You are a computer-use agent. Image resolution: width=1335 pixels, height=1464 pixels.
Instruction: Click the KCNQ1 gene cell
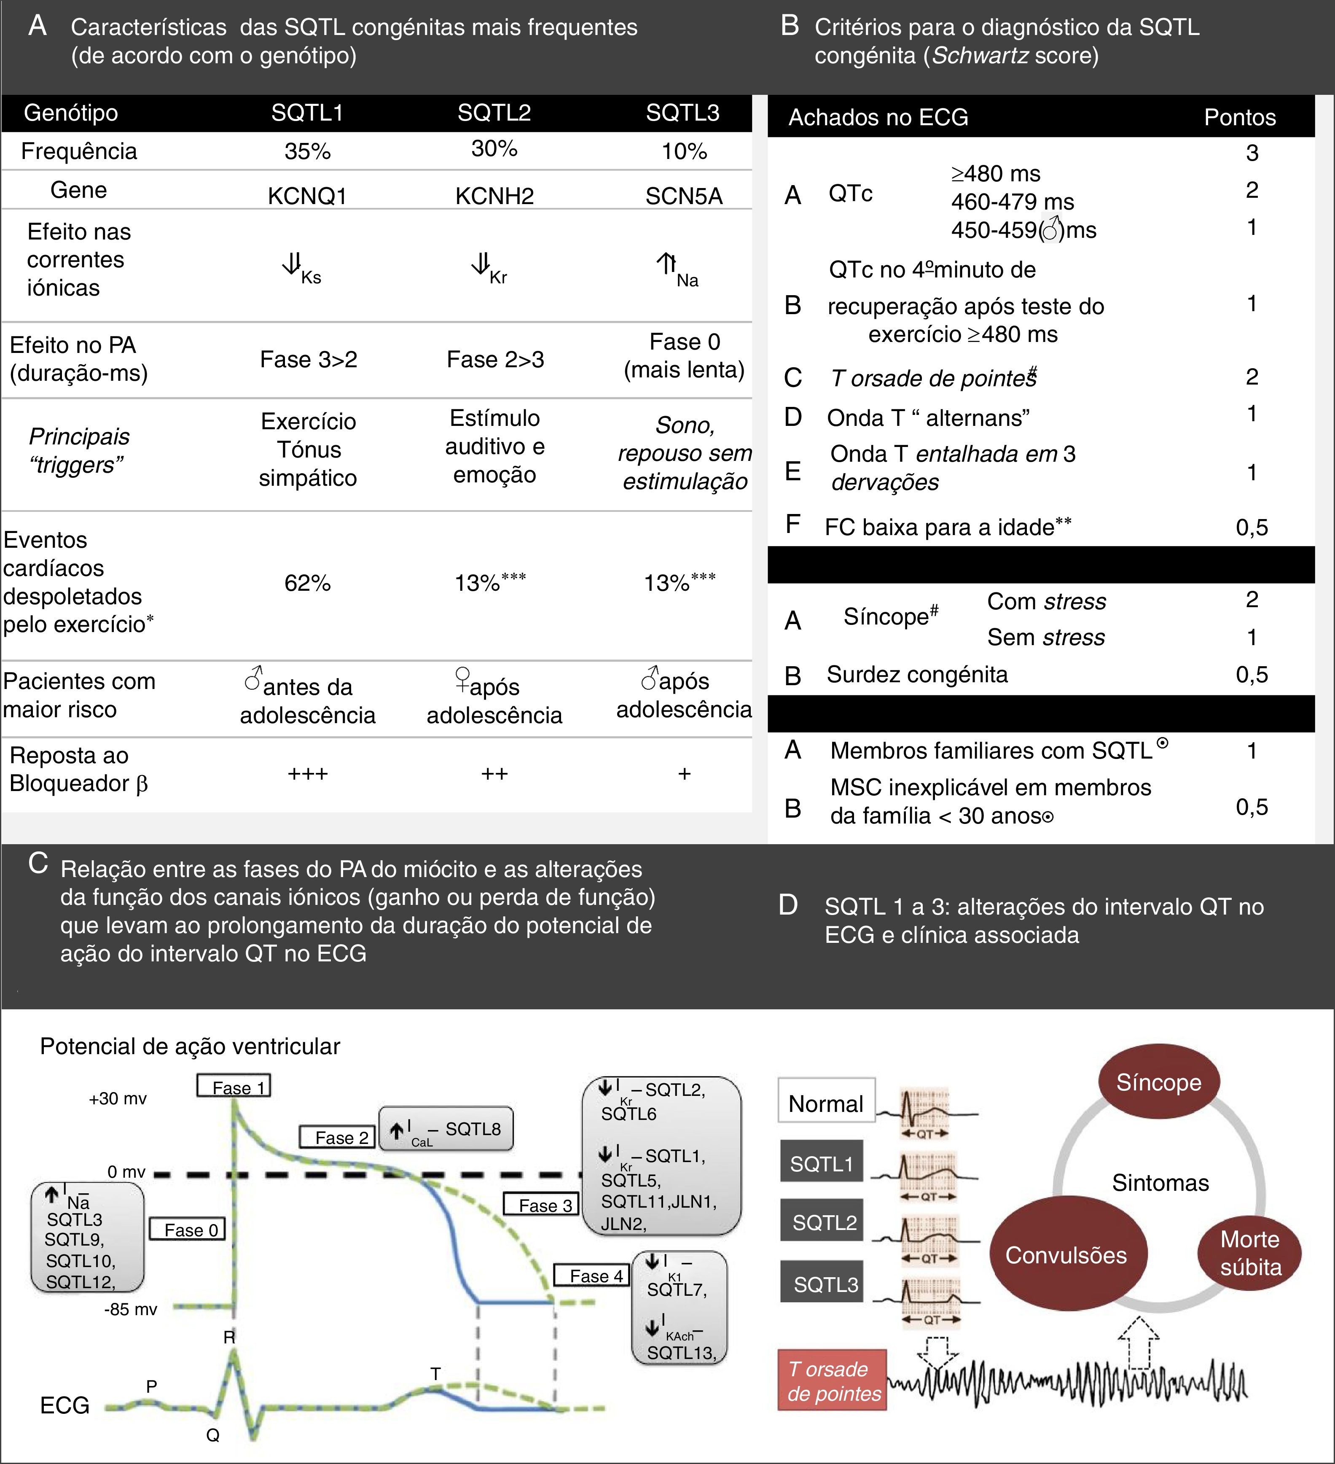tap(307, 196)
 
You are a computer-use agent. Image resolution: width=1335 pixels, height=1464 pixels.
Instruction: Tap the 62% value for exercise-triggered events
tap(307, 582)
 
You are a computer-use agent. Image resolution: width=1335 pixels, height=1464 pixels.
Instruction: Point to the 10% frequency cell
tap(684, 151)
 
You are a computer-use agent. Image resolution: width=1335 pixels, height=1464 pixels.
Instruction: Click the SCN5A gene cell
tap(684, 196)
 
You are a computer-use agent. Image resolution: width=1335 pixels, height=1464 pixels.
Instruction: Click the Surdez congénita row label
tap(917, 675)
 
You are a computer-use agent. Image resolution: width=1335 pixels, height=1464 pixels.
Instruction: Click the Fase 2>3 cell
tap(495, 359)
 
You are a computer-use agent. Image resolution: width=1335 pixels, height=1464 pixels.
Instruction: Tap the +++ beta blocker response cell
tap(307, 773)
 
